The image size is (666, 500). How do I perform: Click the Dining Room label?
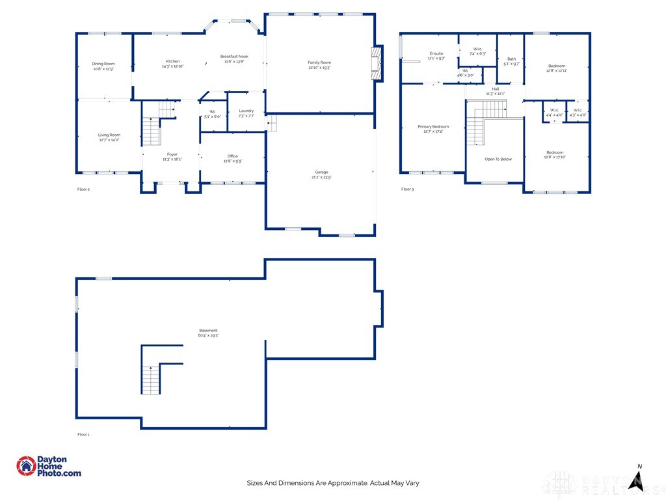(x=103, y=64)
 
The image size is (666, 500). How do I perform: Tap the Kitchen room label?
(x=172, y=62)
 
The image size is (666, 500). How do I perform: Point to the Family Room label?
(x=319, y=63)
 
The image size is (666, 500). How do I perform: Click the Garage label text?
(x=321, y=173)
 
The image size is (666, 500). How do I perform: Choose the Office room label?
(x=233, y=156)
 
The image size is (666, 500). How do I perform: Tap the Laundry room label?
(x=246, y=111)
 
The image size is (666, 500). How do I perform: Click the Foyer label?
(x=172, y=155)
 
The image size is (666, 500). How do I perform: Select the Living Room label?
(x=109, y=135)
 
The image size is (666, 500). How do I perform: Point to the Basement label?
(x=208, y=331)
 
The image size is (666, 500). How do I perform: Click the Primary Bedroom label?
(x=433, y=126)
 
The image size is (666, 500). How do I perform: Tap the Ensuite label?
(x=436, y=53)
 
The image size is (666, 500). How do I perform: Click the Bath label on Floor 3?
(x=512, y=59)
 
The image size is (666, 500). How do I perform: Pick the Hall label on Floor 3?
(x=496, y=89)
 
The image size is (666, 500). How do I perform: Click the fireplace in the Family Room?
(x=376, y=63)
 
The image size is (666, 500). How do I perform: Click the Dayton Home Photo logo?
(x=49, y=466)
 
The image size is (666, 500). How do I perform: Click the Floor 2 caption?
(x=83, y=189)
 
